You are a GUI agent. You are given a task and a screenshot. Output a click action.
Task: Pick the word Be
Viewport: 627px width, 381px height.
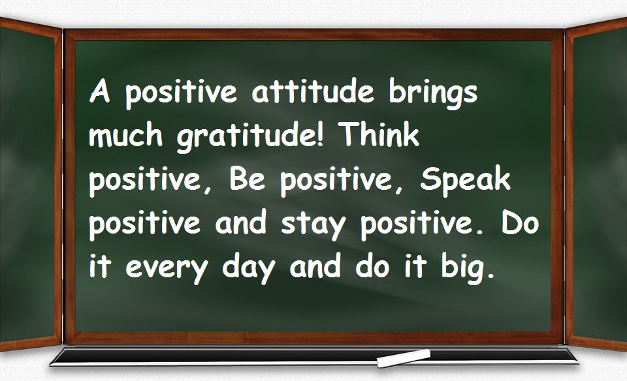click(x=246, y=179)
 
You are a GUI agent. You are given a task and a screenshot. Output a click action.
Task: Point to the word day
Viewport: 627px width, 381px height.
click(x=251, y=269)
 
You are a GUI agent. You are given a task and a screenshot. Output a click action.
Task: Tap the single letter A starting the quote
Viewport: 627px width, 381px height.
click(x=99, y=93)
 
